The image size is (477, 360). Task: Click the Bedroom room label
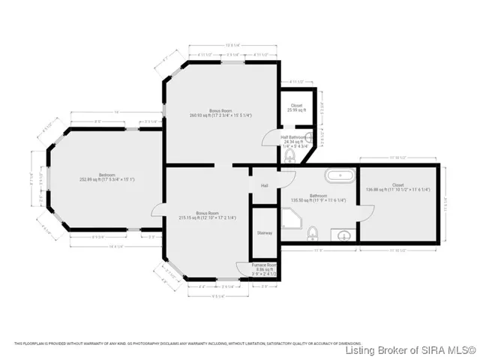[107, 178]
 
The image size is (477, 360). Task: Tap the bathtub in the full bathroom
[339, 178]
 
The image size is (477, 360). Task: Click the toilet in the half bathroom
[289, 155]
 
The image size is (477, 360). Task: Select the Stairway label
[265, 233]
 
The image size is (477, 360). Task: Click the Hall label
[265, 185]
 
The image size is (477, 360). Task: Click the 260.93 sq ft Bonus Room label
[210, 113]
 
